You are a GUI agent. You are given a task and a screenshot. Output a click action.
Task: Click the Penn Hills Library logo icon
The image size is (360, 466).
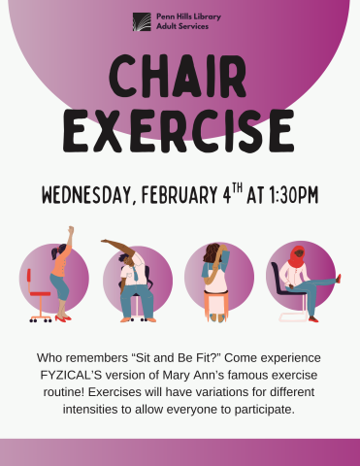(143, 21)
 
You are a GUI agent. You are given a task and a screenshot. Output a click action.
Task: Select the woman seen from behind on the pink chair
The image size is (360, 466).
(214, 277)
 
